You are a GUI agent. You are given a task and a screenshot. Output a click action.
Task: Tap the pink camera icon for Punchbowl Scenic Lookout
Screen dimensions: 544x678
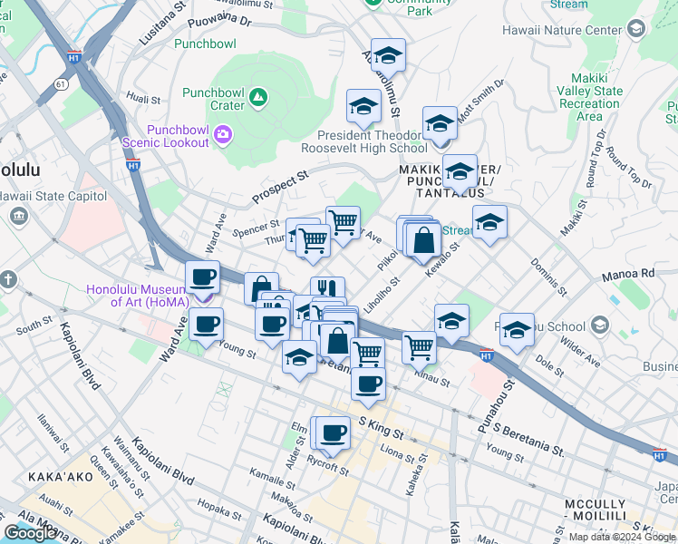tap(223, 136)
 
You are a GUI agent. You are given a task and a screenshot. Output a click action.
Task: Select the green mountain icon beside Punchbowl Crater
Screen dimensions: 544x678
tap(258, 95)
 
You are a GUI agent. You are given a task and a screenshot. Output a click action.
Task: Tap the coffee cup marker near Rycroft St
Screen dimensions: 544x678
tap(333, 433)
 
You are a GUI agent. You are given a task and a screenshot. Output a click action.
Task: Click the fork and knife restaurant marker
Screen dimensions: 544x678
tap(327, 291)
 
